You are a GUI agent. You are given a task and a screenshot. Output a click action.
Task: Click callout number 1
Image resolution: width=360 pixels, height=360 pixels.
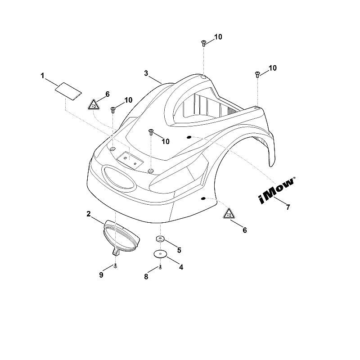[x=42, y=76]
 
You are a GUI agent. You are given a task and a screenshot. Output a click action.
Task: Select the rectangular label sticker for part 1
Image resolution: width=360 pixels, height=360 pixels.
[x=68, y=91]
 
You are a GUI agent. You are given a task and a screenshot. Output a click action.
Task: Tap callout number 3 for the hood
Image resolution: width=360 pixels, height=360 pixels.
[x=146, y=73]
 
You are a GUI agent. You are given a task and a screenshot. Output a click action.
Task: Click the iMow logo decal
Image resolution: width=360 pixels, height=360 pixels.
[x=277, y=190]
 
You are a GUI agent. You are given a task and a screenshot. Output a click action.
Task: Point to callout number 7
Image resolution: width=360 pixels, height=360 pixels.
[x=288, y=207]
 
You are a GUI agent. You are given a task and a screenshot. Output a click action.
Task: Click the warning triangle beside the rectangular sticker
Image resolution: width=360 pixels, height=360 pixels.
[x=94, y=104]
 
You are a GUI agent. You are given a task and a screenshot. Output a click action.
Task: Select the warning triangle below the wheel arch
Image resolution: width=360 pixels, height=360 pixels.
[x=229, y=213]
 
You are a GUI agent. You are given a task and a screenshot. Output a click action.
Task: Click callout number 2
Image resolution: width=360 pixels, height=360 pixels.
[x=89, y=214]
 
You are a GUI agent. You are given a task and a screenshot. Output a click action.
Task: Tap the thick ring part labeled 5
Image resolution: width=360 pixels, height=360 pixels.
[x=160, y=239]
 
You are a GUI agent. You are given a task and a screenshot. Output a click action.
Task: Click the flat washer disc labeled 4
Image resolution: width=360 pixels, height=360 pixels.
[x=160, y=254]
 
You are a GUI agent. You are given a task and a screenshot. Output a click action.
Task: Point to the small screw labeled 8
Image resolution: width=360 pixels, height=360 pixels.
[x=160, y=267]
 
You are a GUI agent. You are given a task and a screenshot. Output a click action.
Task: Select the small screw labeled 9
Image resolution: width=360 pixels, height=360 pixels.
[x=116, y=266]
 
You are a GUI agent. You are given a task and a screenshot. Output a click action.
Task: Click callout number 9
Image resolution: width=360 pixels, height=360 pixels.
[x=101, y=275]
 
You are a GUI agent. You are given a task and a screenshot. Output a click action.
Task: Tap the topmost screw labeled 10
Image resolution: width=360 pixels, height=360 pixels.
[x=203, y=43]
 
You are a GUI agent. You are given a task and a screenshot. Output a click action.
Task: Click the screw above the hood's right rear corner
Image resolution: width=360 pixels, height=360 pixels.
[x=257, y=74]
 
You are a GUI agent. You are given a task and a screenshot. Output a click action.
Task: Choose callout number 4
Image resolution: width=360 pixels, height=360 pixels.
[x=181, y=267]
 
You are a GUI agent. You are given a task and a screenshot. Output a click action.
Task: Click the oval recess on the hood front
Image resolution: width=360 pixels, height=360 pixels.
[x=118, y=178]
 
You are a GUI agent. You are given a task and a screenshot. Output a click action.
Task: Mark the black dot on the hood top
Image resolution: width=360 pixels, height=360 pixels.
[x=189, y=137]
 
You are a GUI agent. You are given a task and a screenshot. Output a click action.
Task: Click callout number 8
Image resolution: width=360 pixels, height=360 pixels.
[x=146, y=277]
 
